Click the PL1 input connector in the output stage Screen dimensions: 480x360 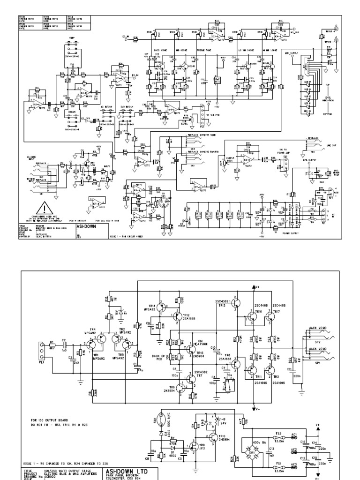pyautogui.click(x=41, y=349)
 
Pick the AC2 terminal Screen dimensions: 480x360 pyautogui.click(x=294, y=450)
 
